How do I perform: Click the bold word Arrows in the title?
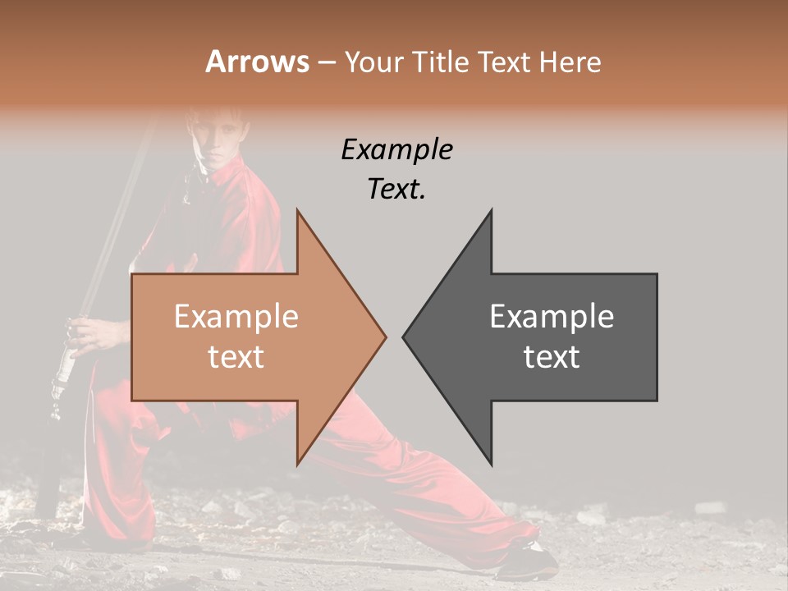[258, 62]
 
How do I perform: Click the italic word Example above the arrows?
[397, 149]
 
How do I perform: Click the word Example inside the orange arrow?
[236, 317]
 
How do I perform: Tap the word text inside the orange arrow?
[236, 357]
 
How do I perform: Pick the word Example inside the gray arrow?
[552, 317]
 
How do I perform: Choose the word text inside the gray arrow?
[552, 357]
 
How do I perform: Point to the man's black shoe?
[525, 561]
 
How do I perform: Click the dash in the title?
[327, 63]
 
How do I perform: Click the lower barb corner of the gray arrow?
[491, 464]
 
